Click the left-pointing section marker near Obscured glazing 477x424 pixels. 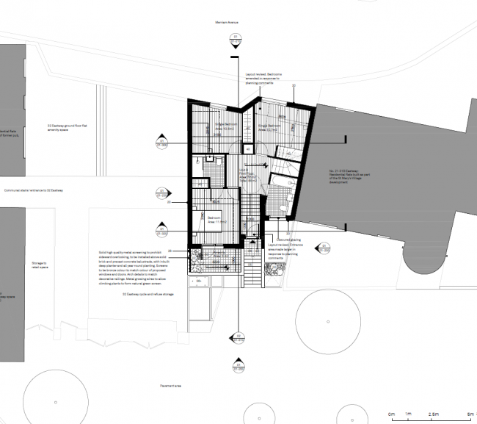click(x=324, y=249)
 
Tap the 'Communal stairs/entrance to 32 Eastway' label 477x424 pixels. click(x=34, y=190)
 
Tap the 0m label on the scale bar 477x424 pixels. click(x=391, y=414)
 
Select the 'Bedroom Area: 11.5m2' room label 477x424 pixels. click(x=214, y=219)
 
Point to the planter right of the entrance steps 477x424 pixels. click(x=272, y=271)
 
